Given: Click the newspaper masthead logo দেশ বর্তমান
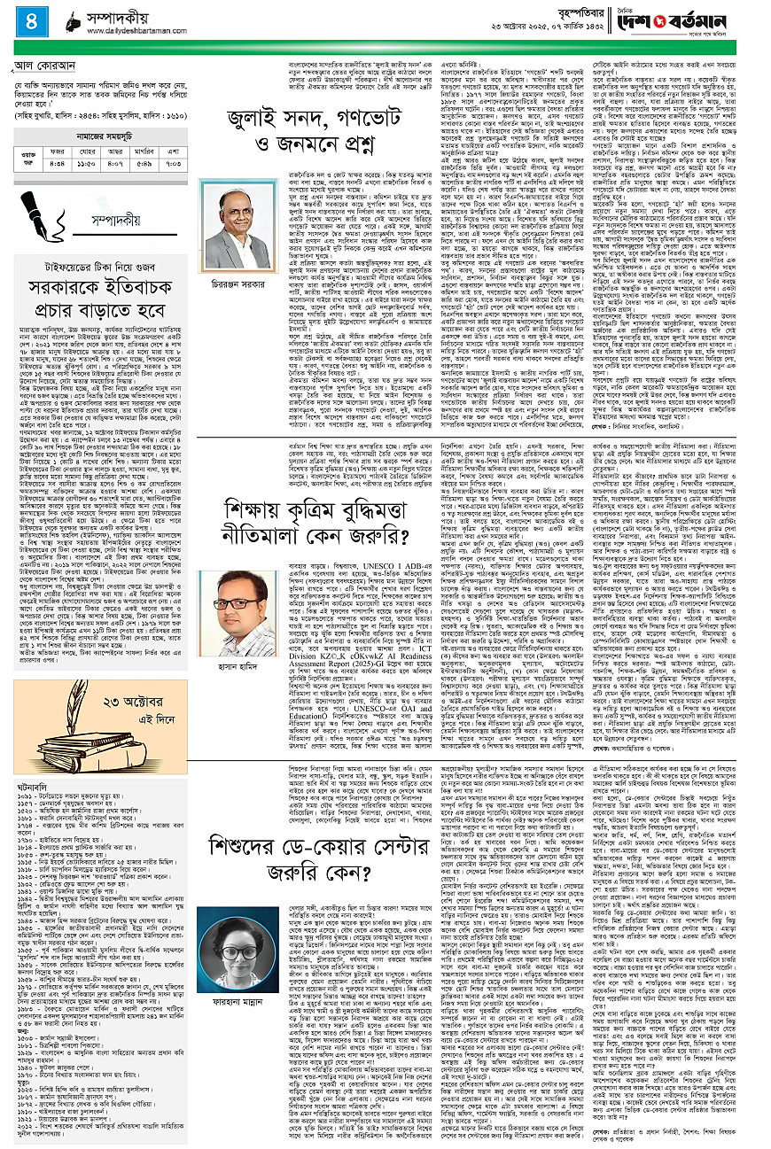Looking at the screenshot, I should [x=705, y=18].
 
